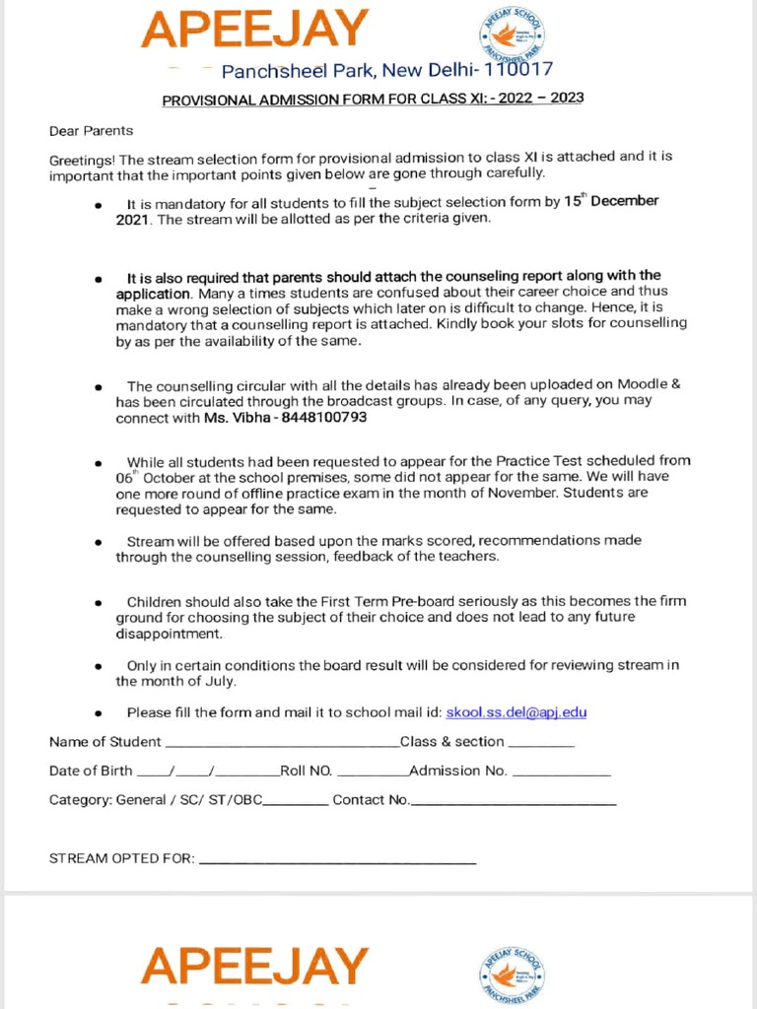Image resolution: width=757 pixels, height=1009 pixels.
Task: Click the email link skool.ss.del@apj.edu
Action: click(x=516, y=712)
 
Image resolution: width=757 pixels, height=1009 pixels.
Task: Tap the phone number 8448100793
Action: click(x=324, y=417)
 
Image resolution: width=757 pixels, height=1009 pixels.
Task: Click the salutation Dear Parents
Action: click(x=91, y=130)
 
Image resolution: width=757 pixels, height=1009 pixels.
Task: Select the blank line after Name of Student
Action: click(x=281, y=746)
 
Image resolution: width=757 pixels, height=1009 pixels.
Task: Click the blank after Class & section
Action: click(x=541, y=746)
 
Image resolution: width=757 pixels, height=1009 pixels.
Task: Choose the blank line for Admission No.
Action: click(x=561, y=775)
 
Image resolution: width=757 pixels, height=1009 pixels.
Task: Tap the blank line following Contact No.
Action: click(x=514, y=804)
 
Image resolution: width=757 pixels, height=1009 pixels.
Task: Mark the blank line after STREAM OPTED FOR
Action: click(x=337, y=863)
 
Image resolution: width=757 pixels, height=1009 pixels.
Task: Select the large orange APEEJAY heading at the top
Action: click(x=254, y=30)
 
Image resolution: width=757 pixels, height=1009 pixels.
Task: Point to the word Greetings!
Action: click(x=83, y=160)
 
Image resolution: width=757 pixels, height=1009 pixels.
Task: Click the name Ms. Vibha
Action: click(x=234, y=417)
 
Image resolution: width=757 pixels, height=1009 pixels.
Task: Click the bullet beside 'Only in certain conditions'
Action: click(x=98, y=667)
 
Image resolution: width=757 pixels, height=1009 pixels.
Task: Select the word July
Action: click(x=220, y=681)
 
